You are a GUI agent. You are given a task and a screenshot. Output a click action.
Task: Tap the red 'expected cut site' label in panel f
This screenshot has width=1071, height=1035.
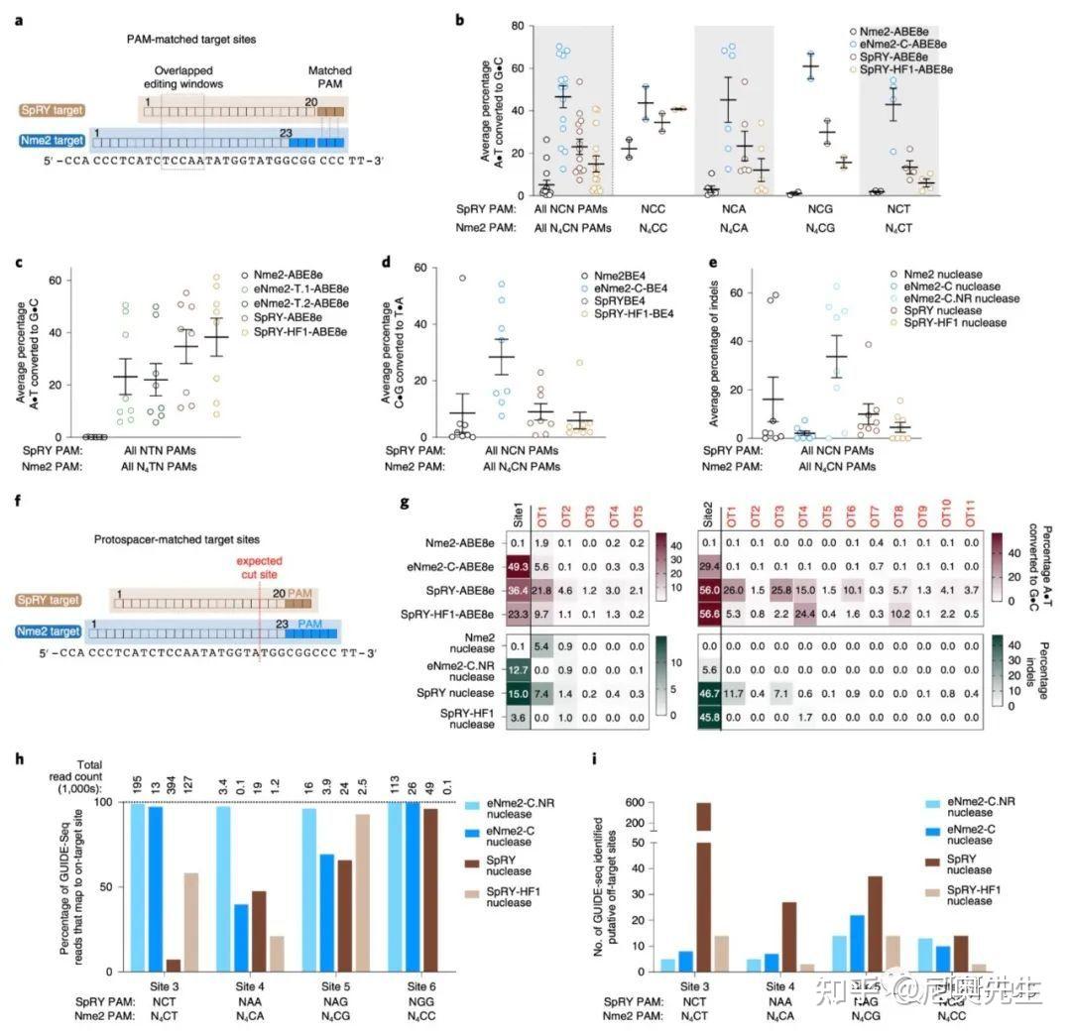point(260,567)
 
